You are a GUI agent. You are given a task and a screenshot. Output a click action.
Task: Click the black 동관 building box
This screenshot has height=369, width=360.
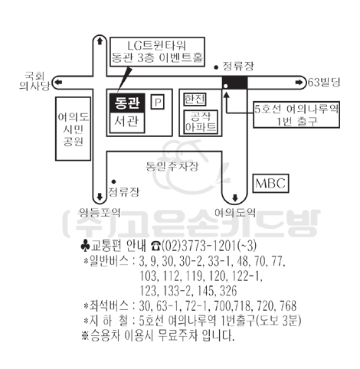tap(127, 103)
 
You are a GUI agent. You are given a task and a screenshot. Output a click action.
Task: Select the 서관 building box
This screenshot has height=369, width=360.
tap(127, 122)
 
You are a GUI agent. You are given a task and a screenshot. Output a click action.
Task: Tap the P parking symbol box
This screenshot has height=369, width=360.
tap(157, 102)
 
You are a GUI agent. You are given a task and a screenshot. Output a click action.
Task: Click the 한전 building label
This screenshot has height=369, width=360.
tap(195, 100)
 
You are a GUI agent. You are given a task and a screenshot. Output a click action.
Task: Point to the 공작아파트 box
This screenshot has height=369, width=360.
tap(201, 122)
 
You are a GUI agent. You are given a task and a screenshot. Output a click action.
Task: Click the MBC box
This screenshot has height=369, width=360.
tap(270, 183)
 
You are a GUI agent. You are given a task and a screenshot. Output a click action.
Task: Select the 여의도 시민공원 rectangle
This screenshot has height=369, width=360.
tap(73, 129)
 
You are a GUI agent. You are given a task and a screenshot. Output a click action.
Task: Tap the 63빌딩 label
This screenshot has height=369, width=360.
tap(324, 83)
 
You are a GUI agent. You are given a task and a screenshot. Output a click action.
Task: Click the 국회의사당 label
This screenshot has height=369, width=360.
tap(35, 81)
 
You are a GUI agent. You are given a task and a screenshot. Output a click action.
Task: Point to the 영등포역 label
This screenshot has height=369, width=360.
tap(100, 212)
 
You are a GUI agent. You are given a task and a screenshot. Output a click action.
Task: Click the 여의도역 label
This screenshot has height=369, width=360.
tap(235, 212)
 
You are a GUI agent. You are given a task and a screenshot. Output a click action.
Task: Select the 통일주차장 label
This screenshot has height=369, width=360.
tap(172, 166)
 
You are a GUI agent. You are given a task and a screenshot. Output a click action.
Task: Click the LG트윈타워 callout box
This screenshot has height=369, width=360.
tap(157, 52)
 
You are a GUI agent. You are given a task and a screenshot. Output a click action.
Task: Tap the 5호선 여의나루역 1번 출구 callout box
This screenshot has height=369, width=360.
tap(296, 115)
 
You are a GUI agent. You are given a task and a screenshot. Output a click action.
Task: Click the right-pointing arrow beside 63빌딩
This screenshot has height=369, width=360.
tap(299, 83)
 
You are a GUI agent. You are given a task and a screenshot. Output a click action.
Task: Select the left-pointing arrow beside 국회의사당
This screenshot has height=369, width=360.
tap(59, 83)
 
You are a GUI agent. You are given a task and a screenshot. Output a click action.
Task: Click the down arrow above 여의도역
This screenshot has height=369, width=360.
tap(235, 198)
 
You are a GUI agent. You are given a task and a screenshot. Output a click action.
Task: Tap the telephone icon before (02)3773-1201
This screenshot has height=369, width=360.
tap(155, 247)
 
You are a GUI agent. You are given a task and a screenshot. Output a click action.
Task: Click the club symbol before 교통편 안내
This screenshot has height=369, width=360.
tap(85, 246)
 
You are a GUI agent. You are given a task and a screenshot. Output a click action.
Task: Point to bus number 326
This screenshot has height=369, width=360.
tap(228, 291)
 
